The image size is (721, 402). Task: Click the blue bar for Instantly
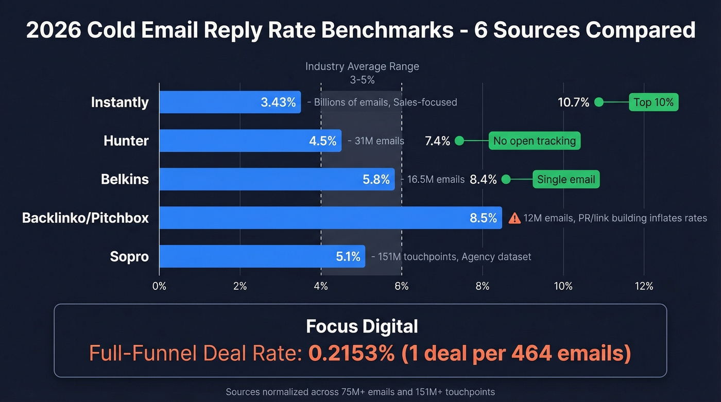230,102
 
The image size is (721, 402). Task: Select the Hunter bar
250,141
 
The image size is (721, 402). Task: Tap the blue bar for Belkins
277,179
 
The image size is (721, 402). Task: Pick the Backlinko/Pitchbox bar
330,218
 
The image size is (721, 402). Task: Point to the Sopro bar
262,256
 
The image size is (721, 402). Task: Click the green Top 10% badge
653,102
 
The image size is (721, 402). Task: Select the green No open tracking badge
535,141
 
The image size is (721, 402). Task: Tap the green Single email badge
565,180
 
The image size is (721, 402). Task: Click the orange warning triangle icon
514,218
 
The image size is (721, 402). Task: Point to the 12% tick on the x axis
644,286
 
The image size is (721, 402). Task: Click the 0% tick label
159,286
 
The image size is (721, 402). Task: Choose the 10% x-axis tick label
563,286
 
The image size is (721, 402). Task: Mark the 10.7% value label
573,102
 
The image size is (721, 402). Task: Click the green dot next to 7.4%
459,141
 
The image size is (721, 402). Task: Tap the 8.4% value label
483,180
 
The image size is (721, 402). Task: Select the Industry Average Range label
362,66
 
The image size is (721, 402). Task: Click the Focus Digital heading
362,326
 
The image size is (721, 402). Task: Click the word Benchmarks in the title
381,30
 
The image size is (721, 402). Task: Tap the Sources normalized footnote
360,392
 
